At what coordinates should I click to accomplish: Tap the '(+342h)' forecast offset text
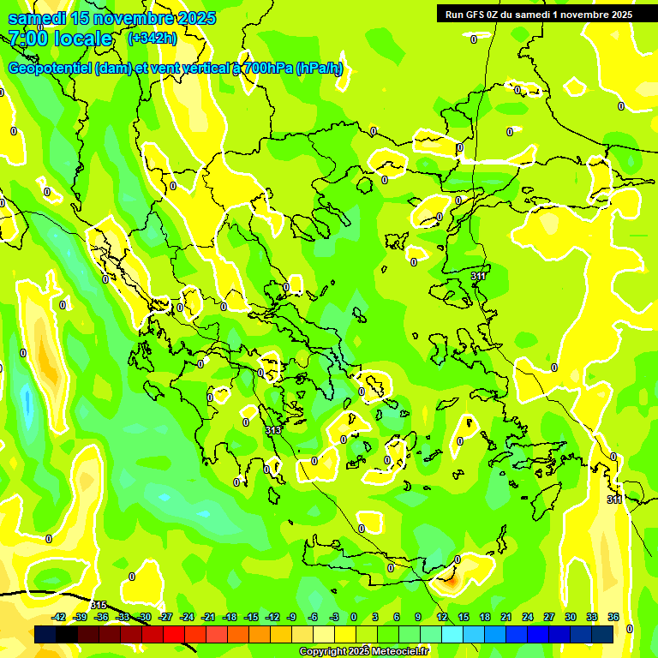[x=153, y=38]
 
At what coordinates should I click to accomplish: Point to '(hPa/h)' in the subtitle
[x=319, y=69]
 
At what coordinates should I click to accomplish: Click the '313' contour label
[x=273, y=430]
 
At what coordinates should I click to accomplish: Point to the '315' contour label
[x=99, y=606]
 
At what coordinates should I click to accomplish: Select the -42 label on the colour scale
[x=59, y=617]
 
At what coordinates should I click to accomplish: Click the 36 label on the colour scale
[x=613, y=617]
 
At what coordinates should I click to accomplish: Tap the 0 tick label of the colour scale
[x=354, y=617]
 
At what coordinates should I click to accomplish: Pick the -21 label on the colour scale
[x=208, y=617]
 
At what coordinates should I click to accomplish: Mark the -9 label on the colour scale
[x=291, y=617]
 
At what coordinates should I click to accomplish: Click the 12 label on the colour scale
[x=441, y=617]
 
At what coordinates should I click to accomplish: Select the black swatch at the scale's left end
[x=45, y=633]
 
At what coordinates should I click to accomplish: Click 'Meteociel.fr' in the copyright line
[x=400, y=652]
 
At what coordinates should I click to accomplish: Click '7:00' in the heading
[x=27, y=39]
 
